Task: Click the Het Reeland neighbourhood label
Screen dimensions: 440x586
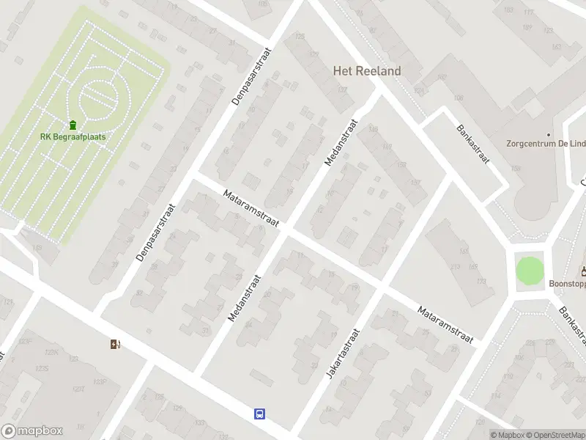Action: coord(367,71)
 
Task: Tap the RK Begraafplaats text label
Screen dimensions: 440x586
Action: coord(73,137)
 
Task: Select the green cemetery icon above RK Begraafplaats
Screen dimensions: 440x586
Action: coord(73,125)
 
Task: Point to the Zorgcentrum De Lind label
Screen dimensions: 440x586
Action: coord(546,144)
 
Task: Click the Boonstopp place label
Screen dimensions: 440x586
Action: coord(568,283)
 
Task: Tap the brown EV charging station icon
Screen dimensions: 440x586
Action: coord(115,344)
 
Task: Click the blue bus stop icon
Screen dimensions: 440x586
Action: coord(259,414)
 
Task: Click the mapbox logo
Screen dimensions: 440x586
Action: coord(32,431)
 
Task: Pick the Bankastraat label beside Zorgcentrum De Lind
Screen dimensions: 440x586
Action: coord(472,146)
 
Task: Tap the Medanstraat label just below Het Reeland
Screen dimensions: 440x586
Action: coord(340,142)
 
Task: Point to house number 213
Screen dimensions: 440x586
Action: coord(456,266)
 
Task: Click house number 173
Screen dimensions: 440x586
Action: coord(481,282)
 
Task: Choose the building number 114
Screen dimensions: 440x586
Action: coord(495,397)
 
